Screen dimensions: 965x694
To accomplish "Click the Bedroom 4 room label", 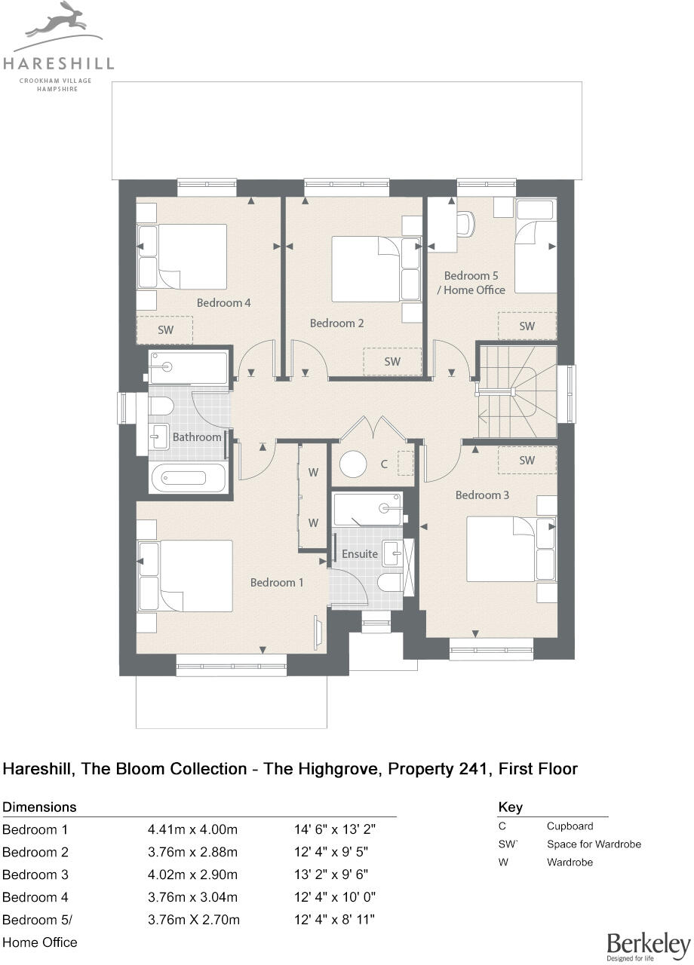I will click(x=223, y=302).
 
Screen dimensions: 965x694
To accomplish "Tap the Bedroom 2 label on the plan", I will click(x=337, y=323).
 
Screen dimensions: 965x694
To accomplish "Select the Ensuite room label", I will click(x=360, y=553).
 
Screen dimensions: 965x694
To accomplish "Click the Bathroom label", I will click(x=197, y=437).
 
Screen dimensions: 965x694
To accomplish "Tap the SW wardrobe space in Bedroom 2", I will click(x=392, y=361).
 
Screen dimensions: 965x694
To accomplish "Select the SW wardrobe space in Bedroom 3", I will click(x=527, y=460).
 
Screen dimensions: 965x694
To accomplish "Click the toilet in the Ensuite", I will click(x=389, y=582).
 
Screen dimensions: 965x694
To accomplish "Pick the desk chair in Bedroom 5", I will click(x=466, y=222).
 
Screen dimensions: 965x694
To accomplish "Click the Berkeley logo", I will click(x=648, y=945).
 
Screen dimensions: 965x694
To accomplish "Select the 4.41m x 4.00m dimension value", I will click(x=192, y=830).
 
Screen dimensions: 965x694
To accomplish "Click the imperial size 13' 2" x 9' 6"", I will click(x=334, y=875).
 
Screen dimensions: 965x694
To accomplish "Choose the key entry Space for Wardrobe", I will click(x=594, y=844).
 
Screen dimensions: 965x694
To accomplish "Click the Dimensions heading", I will click(x=40, y=807).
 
